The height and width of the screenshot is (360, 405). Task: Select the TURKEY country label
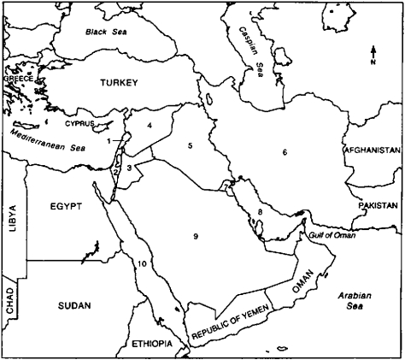click(118, 83)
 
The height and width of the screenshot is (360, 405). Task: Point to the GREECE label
click(18, 78)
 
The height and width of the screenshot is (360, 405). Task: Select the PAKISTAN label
click(377, 206)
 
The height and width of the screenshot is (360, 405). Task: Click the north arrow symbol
click(373, 56)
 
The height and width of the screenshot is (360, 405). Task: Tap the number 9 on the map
click(196, 234)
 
